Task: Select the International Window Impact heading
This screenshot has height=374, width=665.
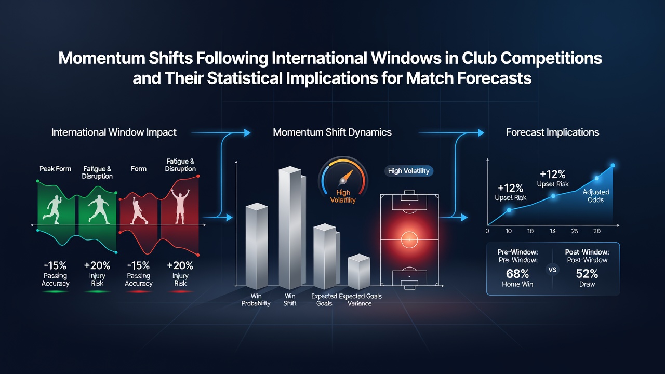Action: click(x=114, y=132)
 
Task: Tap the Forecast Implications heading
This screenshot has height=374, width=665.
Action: click(x=552, y=132)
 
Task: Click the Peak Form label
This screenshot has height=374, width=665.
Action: click(x=55, y=169)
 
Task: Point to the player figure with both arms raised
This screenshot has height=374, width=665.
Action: click(x=180, y=206)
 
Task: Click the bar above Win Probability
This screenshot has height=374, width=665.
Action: click(x=257, y=246)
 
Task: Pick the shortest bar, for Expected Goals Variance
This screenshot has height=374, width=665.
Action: click(x=359, y=272)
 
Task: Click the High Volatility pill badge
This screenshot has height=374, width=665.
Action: click(x=409, y=171)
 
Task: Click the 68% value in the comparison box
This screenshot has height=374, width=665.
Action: click(x=517, y=273)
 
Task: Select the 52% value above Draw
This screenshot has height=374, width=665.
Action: click(x=587, y=273)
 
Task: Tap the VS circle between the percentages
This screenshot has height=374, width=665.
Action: click(x=552, y=270)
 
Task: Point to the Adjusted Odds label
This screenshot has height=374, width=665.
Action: click(x=595, y=196)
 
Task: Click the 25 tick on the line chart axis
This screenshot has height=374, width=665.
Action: click(x=575, y=231)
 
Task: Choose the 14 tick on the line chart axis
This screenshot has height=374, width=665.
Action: click(x=552, y=231)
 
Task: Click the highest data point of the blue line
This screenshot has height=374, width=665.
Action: click(x=613, y=165)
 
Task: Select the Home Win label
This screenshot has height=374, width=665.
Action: click(x=517, y=284)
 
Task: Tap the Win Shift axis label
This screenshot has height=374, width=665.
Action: click(x=290, y=300)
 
